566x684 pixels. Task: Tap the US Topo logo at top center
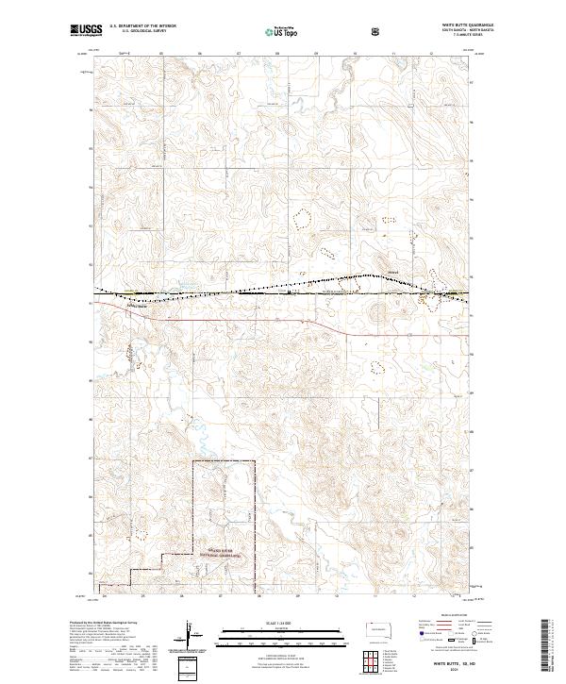click(x=280, y=31)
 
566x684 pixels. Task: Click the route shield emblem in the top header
click(x=377, y=31)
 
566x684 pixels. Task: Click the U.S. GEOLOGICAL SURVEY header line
click(x=134, y=32)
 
